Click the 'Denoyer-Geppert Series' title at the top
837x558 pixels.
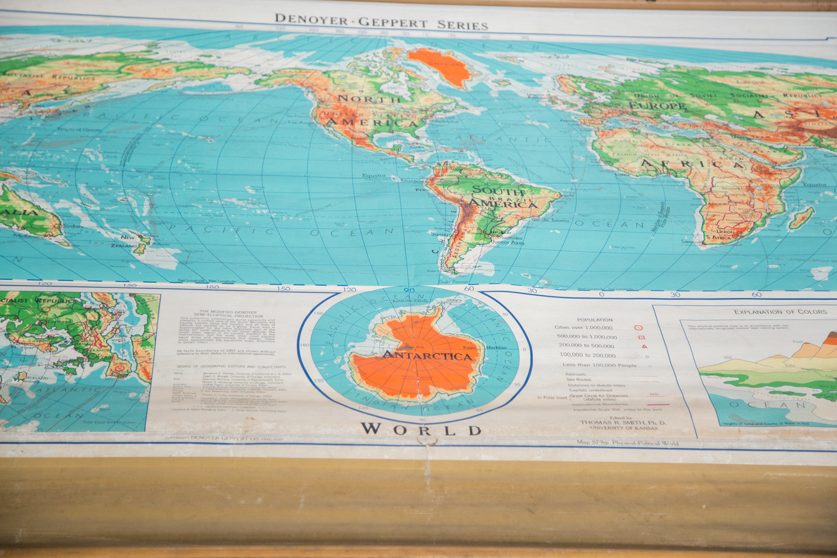pyautogui.click(x=381, y=22)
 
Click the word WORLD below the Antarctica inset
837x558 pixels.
pyautogui.click(x=421, y=430)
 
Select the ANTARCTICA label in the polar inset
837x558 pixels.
pyautogui.click(x=427, y=356)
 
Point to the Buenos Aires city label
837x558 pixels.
pyautogui.click(x=507, y=243)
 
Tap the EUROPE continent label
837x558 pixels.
pyautogui.click(x=657, y=106)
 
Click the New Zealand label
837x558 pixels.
pyautogui.click(x=126, y=241)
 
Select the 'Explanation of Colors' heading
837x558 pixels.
pyautogui.click(x=780, y=312)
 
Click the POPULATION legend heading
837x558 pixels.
pyautogui.click(x=594, y=320)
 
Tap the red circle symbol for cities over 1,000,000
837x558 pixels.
pyautogui.click(x=638, y=328)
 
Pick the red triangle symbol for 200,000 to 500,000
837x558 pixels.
pyautogui.click(x=644, y=346)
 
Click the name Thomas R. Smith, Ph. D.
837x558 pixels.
pyautogui.click(x=623, y=423)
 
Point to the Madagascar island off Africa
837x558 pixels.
pyautogui.click(x=801, y=218)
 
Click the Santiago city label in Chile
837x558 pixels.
pyautogui.click(x=440, y=235)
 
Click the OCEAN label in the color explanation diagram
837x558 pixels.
pyautogui.click(x=769, y=405)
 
